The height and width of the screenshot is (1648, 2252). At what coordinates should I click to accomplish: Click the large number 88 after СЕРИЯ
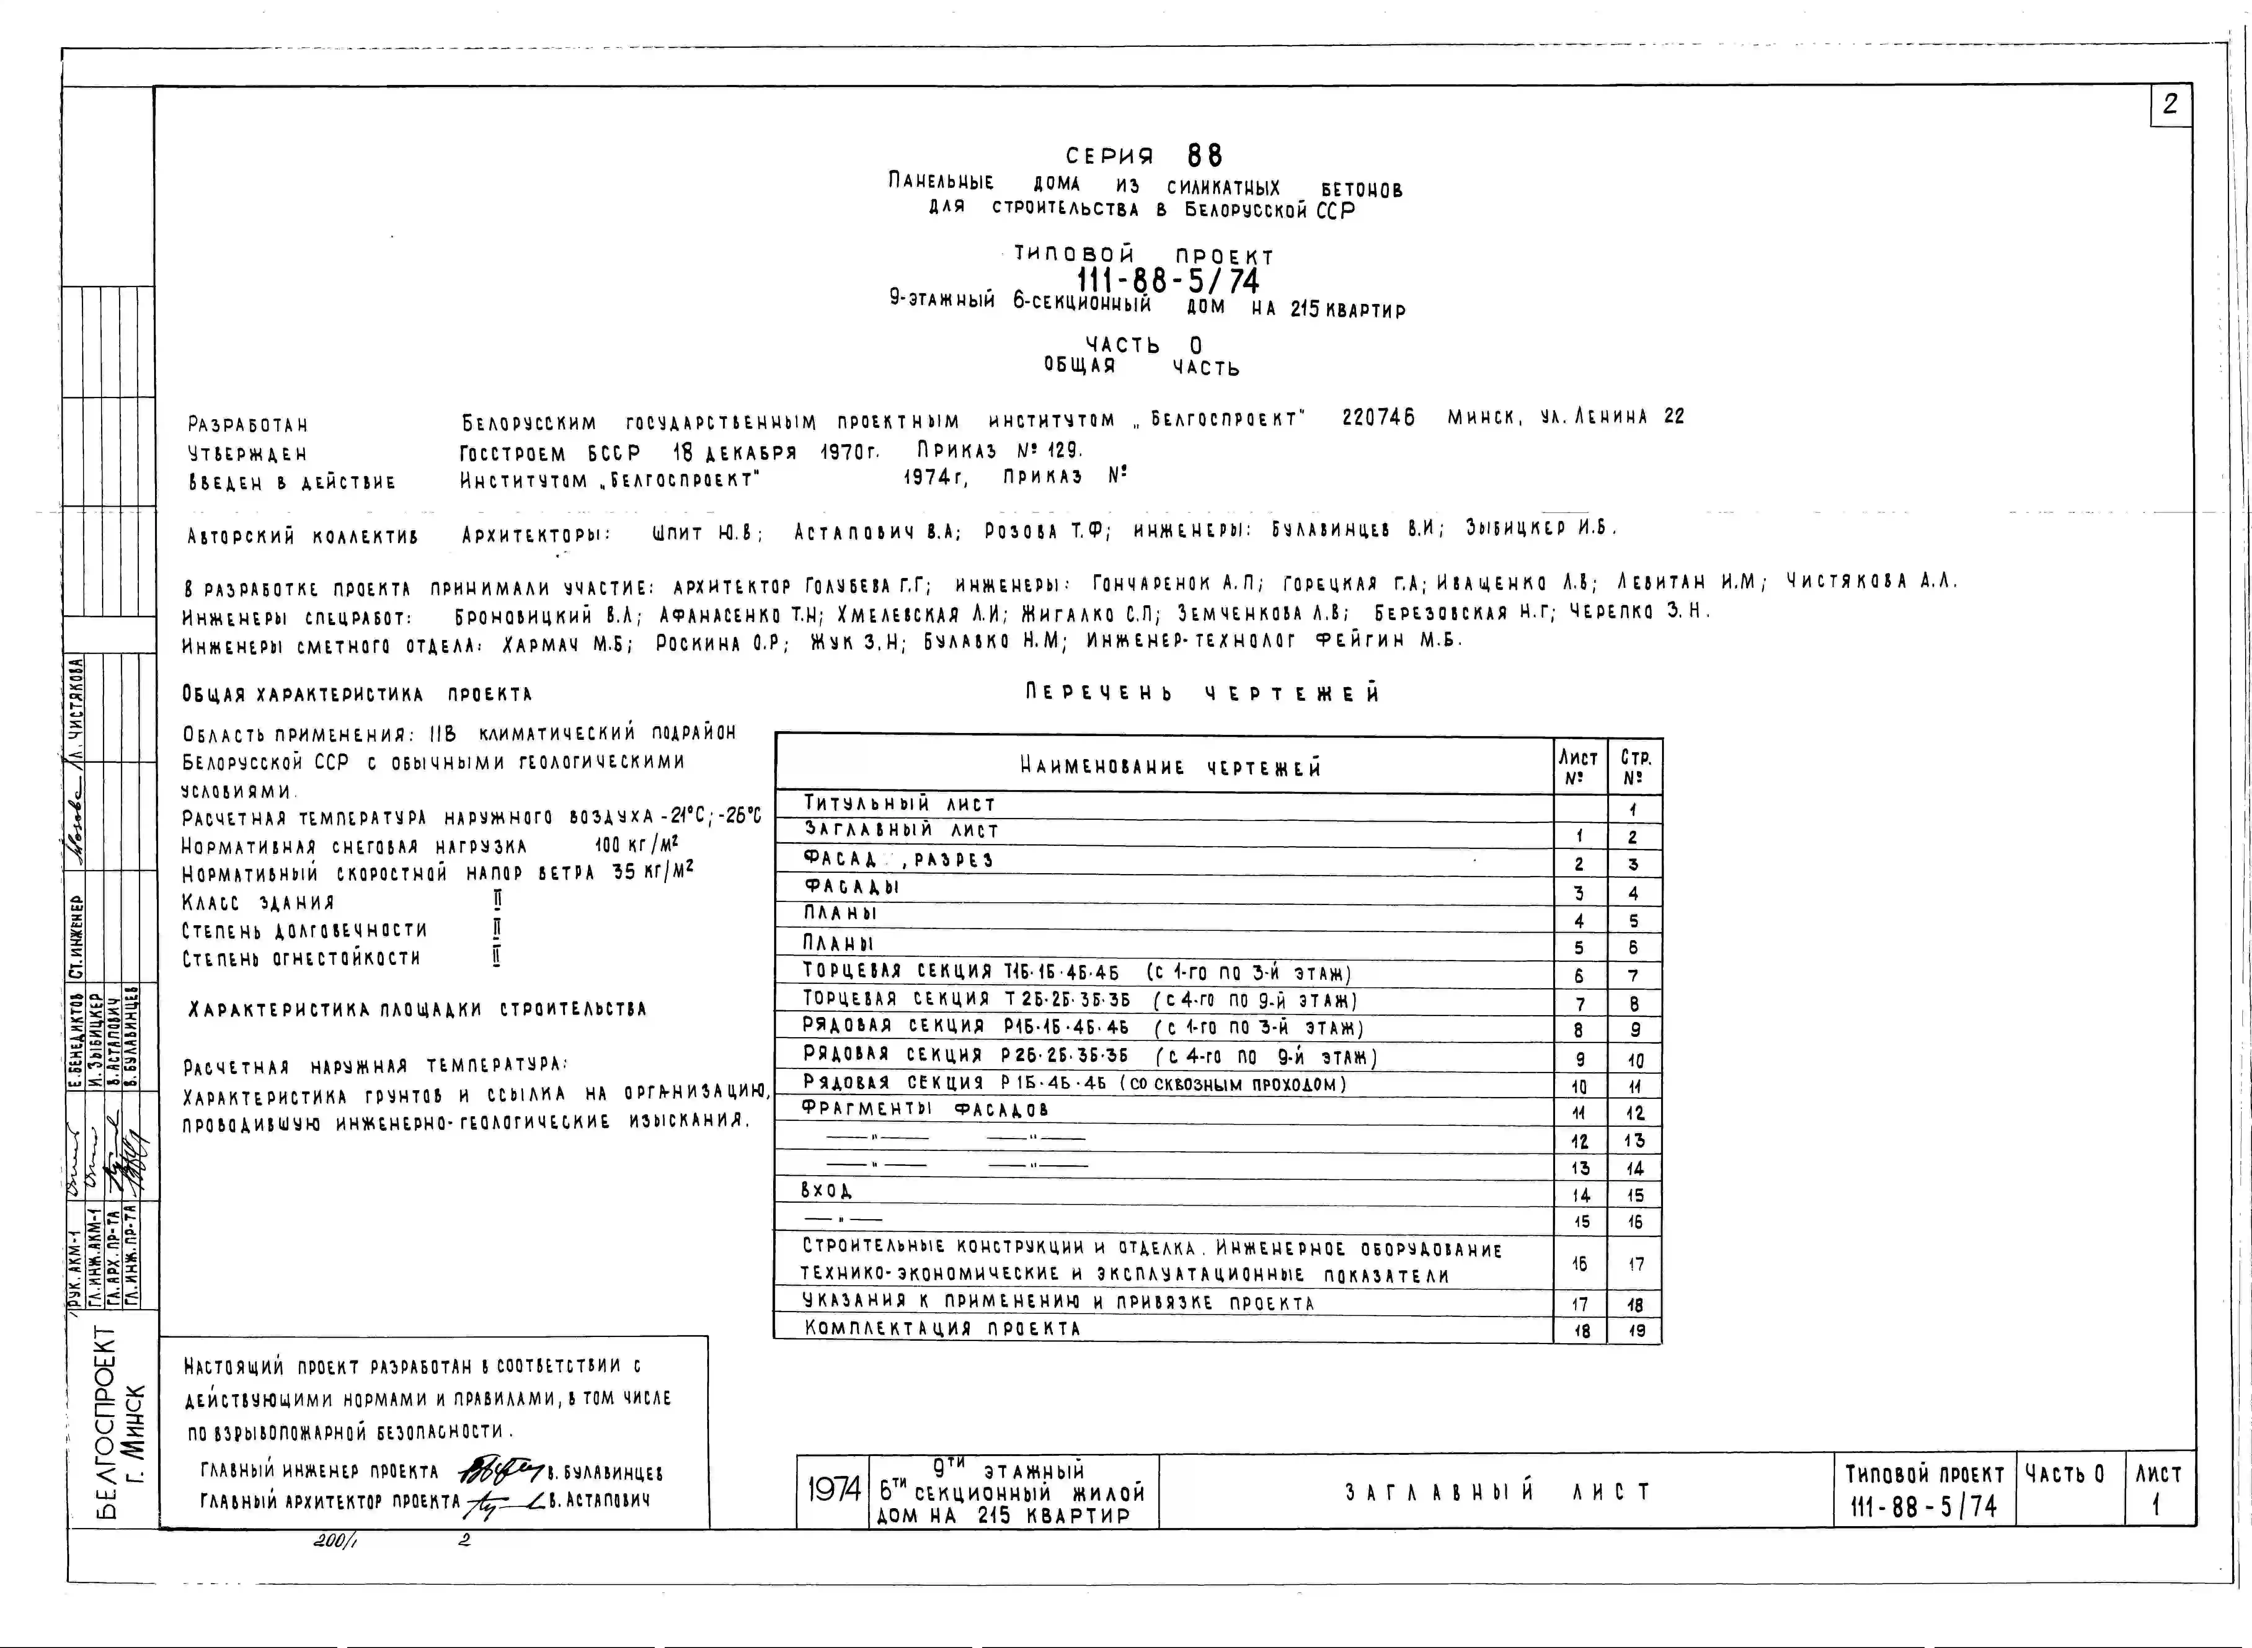[x=1205, y=156]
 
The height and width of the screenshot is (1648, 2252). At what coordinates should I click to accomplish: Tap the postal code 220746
[x=1378, y=418]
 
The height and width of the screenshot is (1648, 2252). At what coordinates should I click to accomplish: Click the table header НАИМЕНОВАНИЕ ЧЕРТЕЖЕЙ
[x=1170, y=767]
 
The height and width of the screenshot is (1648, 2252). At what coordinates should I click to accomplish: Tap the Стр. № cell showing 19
[x=1636, y=1331]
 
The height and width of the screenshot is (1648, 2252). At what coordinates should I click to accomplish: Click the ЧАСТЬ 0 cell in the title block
[x=2064, y=1473]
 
